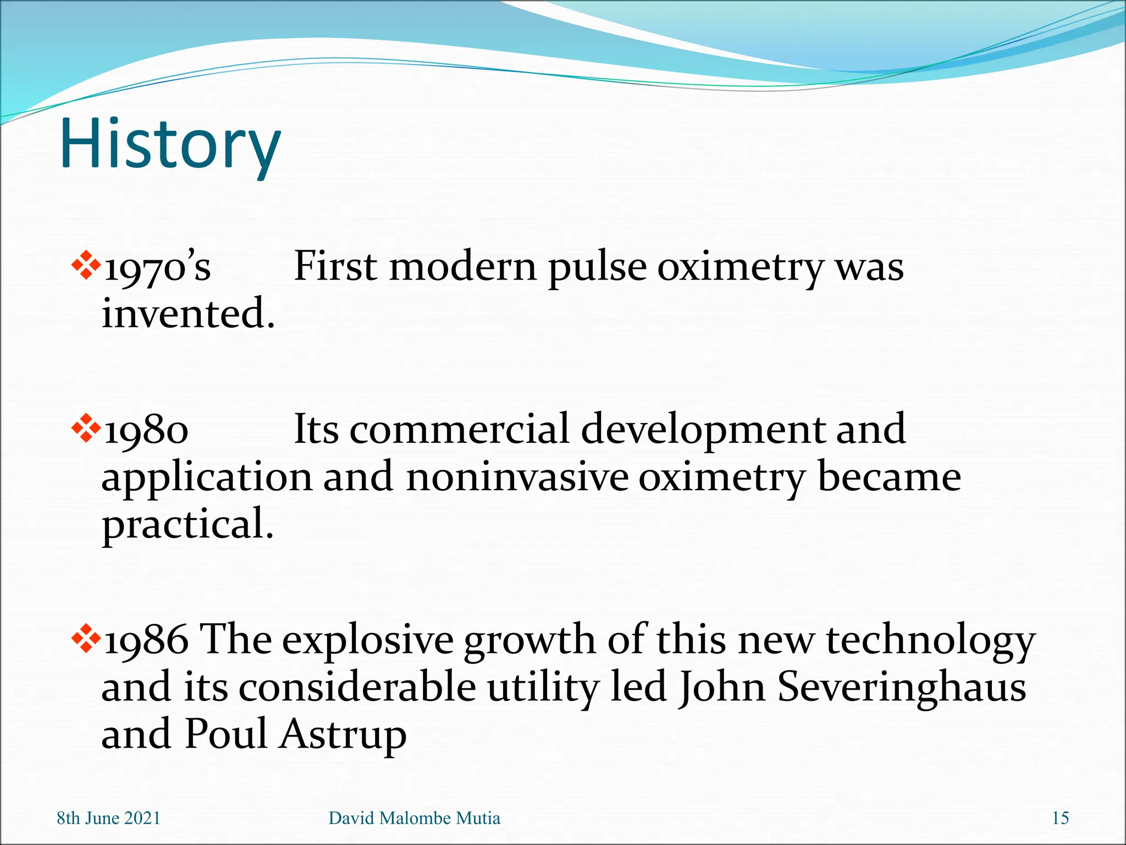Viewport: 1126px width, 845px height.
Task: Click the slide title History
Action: pyautogui.click(x=170, y=144)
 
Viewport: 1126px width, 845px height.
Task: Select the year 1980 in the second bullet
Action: pyautogui.click(x=146, y=431)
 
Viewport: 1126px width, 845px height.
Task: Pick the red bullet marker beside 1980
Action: pyautogui.click(x=86, y=427)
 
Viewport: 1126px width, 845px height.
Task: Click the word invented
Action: pyautogui.click(x=188, y=314)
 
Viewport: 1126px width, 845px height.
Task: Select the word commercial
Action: pyautogui.click(x=459, y=429)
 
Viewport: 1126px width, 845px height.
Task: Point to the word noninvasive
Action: pyautogui.click(x=517, y=477)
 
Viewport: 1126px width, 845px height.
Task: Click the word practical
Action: pyautogui.click(x=187, y=524)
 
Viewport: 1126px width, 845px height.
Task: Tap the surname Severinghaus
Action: pyautogui.click(x=902, y=688)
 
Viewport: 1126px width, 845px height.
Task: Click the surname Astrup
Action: pyautogui.click(x=342, y=735)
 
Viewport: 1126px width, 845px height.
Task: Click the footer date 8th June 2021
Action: pyautogui.click(x=108, y=819)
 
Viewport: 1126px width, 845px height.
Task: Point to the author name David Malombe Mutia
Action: pyautogui.click(x=415, y=819)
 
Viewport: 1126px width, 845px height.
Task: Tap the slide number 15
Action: pyautogui.click(x=1060, y=819)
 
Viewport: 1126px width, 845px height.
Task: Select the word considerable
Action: pyautogui.click(x=357, y=688)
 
